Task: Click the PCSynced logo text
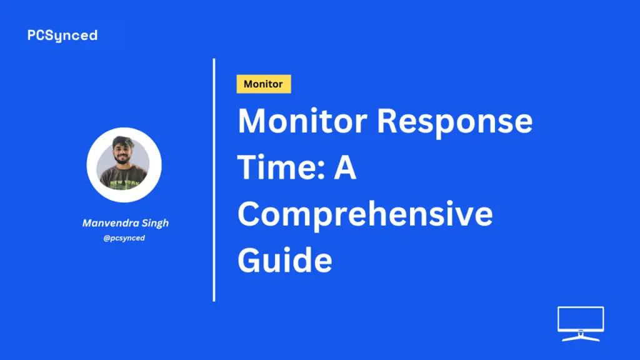point(62,36)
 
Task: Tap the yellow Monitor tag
point(264,84)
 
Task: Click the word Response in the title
point(454,122)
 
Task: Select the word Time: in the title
point(281,167)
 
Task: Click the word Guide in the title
point(285,260)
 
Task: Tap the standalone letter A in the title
point(345,167)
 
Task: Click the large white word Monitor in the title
point(302,121)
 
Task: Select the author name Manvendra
point(110,223)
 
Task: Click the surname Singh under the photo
point(155,224)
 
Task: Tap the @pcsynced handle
point(124,238)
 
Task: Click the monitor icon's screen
point(581,319)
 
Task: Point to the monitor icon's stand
point(581,336)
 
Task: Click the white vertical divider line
point(214,180)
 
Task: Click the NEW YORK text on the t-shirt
point(124,182)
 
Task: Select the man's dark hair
point(123,142)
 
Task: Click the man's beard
point(123,160)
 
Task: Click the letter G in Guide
point(250,260)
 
